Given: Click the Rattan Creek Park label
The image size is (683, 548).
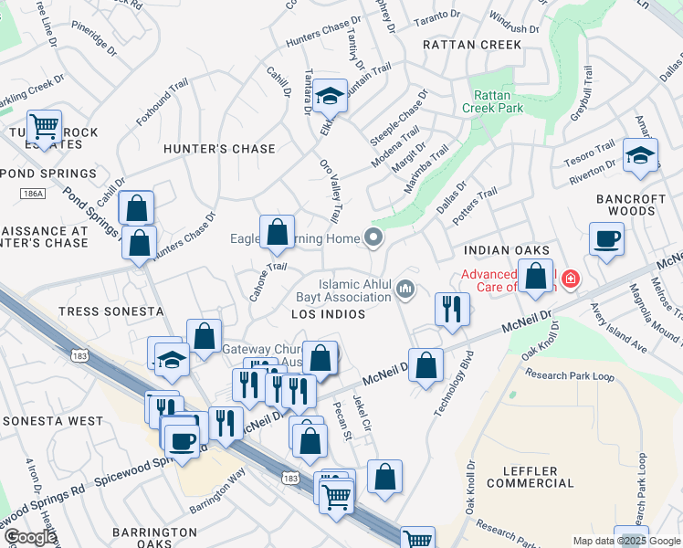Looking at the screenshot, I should [x=498, y=101].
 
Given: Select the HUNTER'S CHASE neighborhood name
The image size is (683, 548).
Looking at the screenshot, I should [x=219, y=149].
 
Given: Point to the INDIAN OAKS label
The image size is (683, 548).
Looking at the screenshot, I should [x=507, y=250].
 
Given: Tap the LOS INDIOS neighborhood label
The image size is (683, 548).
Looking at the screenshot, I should [x=328, y=314].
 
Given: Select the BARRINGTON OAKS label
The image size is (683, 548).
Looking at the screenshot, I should [x=154, y=538].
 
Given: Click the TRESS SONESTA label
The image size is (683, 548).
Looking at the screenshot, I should [x=97, y=311].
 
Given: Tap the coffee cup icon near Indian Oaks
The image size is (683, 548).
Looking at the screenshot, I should [x=606, y=240].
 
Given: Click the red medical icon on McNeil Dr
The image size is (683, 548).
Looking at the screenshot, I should [x=571, y=278].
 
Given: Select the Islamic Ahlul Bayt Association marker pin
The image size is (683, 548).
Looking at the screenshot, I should [x=406, y=291].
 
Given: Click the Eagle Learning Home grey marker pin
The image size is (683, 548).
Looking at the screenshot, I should [x=373, y=238].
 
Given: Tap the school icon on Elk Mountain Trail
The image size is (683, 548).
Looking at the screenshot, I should [x=329, y=96].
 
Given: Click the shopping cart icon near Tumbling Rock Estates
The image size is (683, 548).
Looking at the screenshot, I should [x=44, y=126].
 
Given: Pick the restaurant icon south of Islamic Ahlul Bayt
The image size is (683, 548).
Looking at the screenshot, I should [x=452, y=310].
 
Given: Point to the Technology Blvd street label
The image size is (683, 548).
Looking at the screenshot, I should [x=454, y=385].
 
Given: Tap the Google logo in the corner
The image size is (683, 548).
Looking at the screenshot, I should [x=30, y=537].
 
